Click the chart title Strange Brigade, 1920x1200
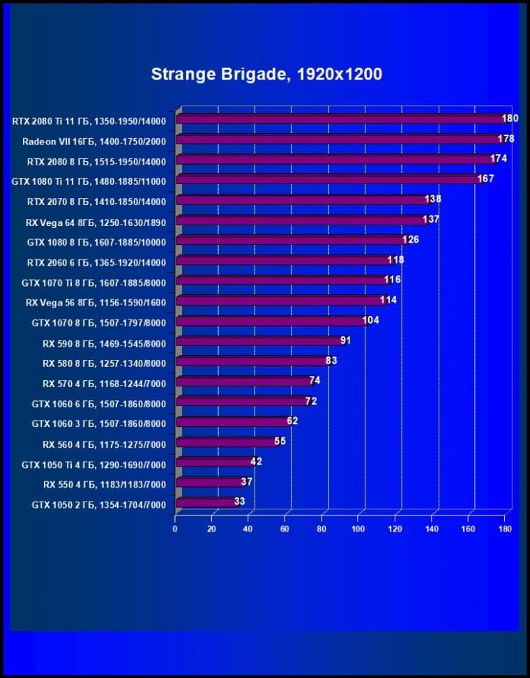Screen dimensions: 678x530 (x=266, y=74)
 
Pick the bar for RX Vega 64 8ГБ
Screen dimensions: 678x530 (x=300, y=220)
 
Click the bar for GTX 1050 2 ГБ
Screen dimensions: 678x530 (x=205, y=502)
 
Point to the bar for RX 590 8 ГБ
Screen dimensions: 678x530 (x=258, y=341)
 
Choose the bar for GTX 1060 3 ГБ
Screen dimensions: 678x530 (x=232, y=422)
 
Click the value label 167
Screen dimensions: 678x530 (x=485, y=179)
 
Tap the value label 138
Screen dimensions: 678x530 (x=432, y=199)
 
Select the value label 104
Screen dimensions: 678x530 (x=371, y=320)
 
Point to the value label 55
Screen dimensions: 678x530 (x=280, y=441)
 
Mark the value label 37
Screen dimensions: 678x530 (x=246, y=481)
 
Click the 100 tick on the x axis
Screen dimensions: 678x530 (x=358, y=529)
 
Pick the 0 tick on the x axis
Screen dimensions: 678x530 (x=175, y=529)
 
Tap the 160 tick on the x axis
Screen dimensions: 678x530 (x=468, y=529)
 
